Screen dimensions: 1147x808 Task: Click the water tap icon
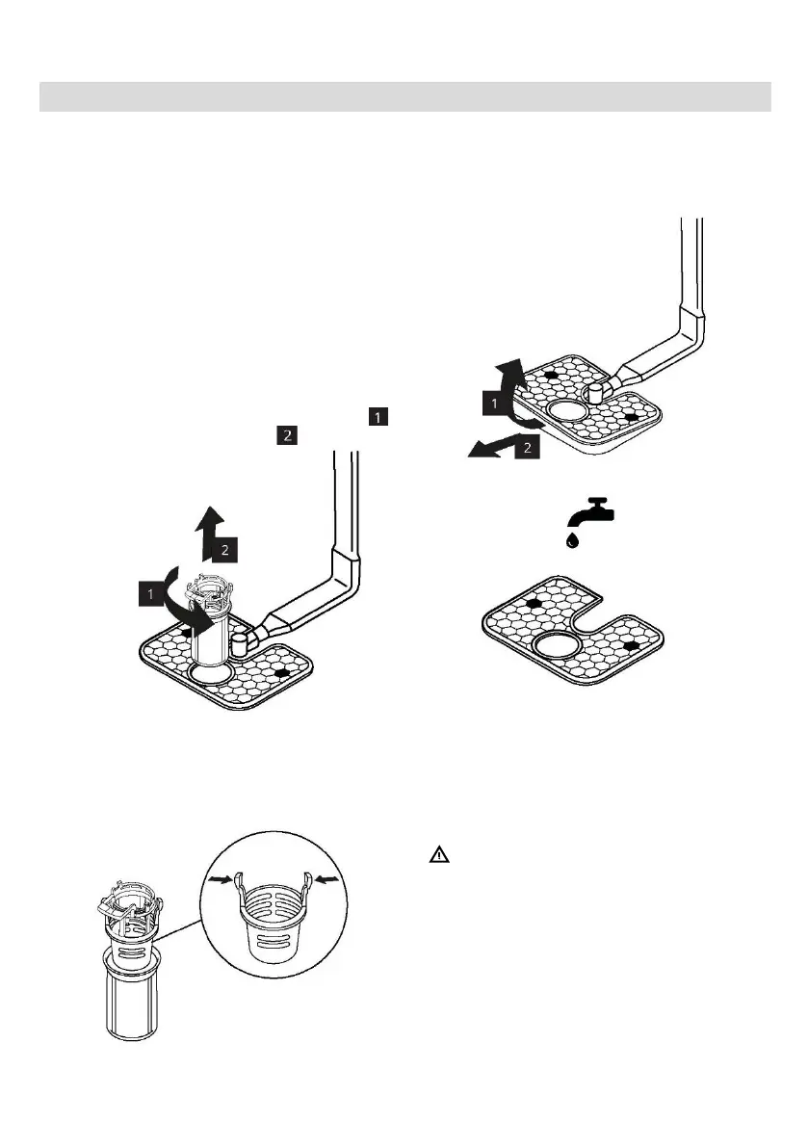(590, 511)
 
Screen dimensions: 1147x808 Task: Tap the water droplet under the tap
(574, 540)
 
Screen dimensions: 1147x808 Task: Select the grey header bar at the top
(404, 96)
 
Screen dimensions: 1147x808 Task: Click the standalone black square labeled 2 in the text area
(286, 435)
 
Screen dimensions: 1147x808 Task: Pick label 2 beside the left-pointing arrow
(527, 449)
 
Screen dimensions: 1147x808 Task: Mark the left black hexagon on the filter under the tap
(533, 604)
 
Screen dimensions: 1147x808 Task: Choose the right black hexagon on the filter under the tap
(630, 644)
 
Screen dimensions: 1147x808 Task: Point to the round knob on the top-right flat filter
(594, 391)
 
